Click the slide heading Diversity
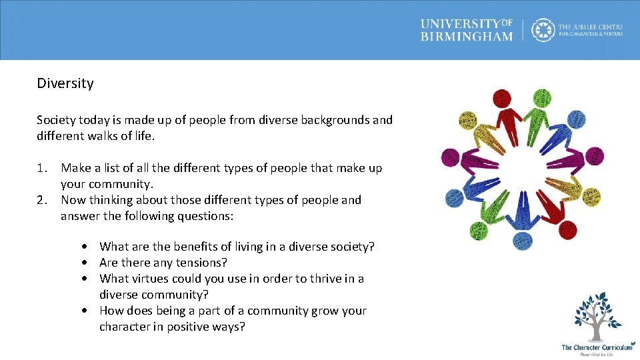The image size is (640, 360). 65,84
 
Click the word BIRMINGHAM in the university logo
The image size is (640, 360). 466,36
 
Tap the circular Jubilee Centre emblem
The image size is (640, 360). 543,30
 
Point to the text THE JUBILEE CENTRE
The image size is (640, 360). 590,26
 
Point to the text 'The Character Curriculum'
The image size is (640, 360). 597,347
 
